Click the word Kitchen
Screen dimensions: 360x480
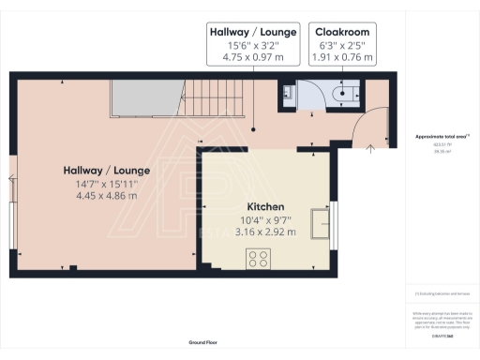pyautogui.click(x=265, y=206)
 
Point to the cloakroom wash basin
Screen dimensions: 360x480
pyautogui.click(x=287, y=94)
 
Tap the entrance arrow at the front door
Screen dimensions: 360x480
pyautogui.click(x=370, y=146)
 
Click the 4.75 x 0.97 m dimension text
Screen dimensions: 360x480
pyautogui.click(x=253, y=57)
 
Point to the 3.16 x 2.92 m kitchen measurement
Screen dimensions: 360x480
pyautogui.click(x=265, y=232)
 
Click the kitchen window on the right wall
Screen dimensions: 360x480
pyautogui.click(x=334, y=225)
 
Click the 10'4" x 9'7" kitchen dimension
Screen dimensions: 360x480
pyautogui.click(x=265, y=219)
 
